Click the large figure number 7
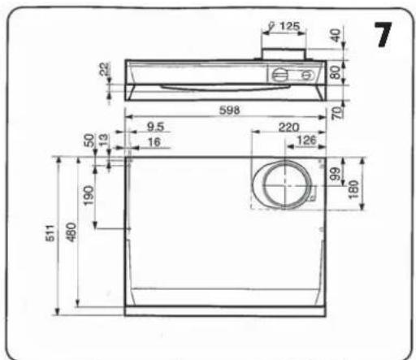coord(383,35)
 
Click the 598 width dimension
coord(230,111)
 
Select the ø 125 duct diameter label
coord(284,26)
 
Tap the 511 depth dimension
coord(50,233)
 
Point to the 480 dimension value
coord(71,232)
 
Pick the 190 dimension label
coord(89,195)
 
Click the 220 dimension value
coord(288,128)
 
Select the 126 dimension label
coord(306,141)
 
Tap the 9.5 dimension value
coord(155,127)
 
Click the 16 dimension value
coord(154,142)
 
